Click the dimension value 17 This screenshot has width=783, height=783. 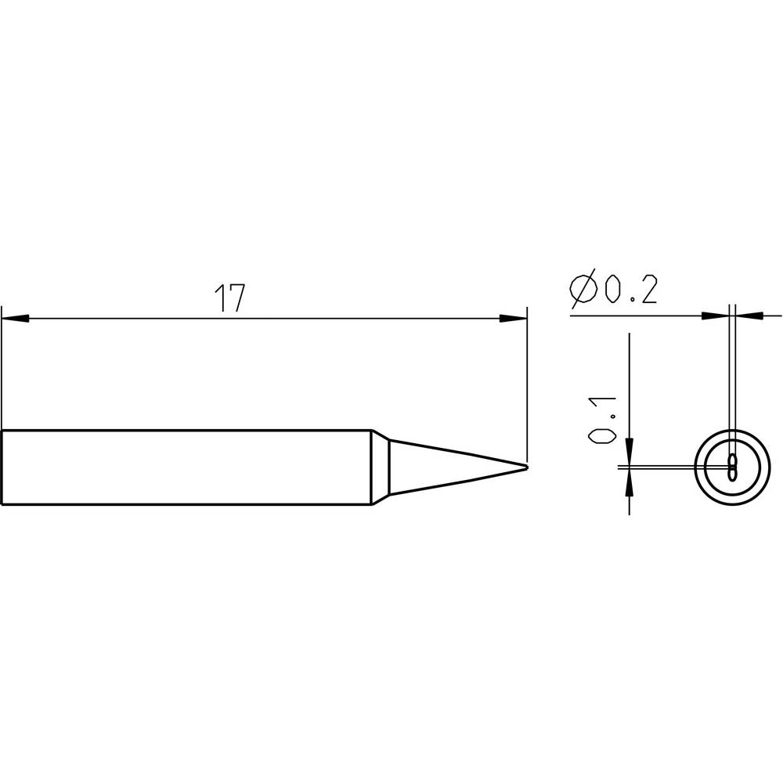click(229, 299)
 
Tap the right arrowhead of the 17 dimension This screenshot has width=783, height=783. click(514, 319)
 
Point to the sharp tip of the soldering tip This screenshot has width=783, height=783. click(526, 467)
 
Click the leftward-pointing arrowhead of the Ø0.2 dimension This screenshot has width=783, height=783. click(749, 316)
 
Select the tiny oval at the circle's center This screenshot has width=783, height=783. click(732, 467)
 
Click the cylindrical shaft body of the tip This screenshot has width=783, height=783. click(188, 467)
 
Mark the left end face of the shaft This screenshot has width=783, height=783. click(2, 467)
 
